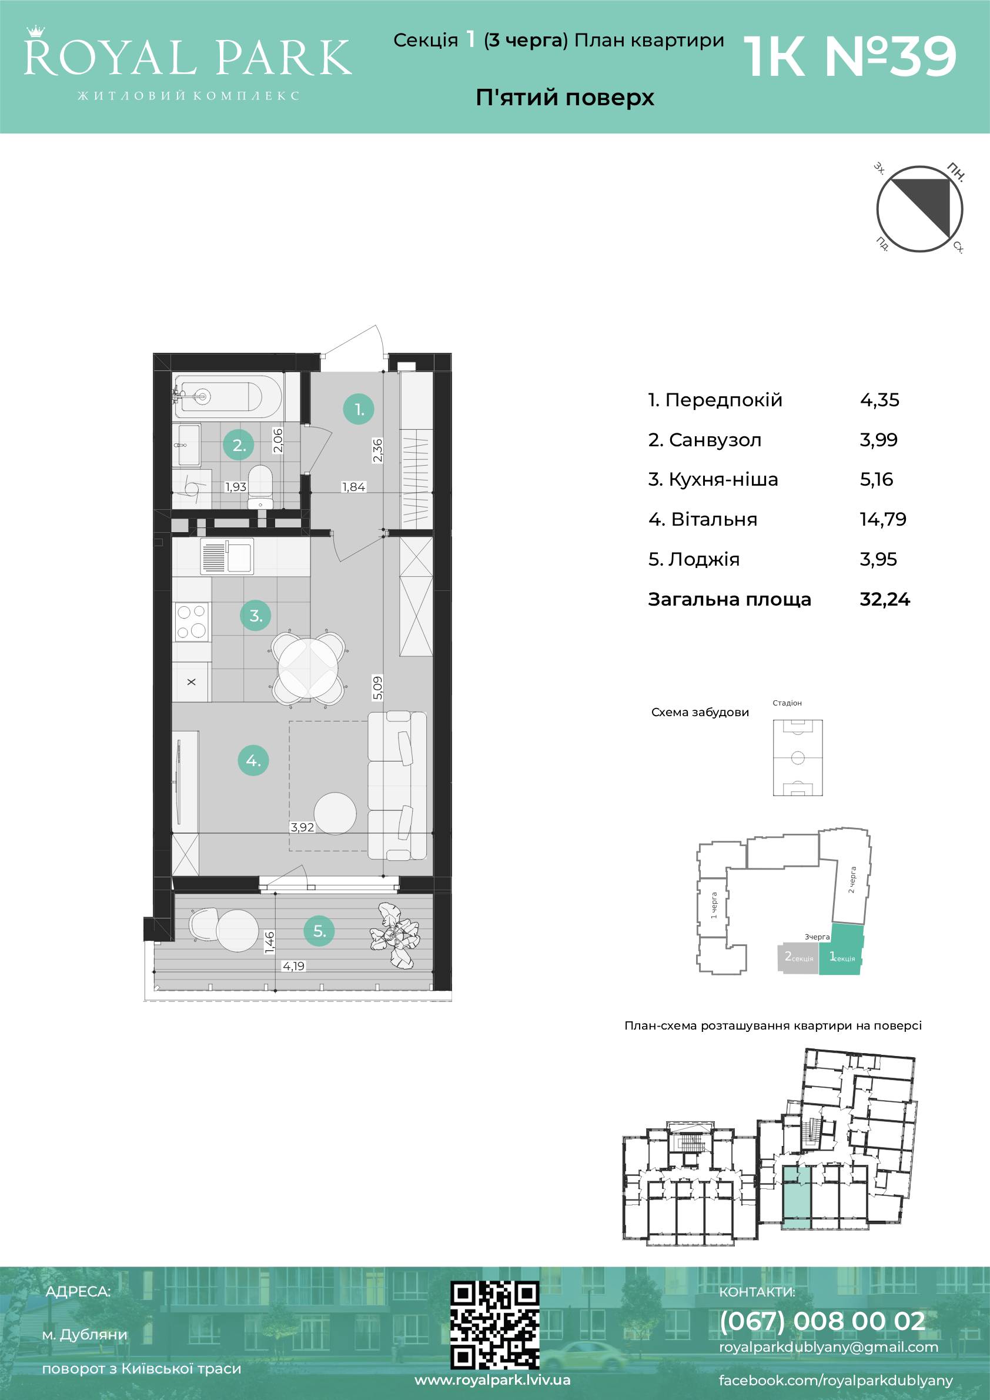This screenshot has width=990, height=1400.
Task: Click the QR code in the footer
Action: tap(494, 1323)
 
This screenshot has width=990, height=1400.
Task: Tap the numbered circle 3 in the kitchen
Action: tap(255, 615)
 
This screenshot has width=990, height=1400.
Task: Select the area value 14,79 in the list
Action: tap(882, 520)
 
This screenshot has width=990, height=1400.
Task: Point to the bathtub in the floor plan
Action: tap(228, 395)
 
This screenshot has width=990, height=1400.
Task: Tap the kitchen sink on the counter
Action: tap(227, 557)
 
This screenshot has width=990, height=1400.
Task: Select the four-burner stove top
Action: tap(192, 622)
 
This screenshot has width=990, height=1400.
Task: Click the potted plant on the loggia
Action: tap(396, 934)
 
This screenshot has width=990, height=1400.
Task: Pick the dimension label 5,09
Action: tap(378, 688)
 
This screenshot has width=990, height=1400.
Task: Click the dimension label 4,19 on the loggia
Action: tap(293, 966)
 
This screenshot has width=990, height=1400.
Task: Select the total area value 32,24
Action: tap(885, 599)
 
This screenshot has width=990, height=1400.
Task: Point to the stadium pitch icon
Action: tap(797, 758)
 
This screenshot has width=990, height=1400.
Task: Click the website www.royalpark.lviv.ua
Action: tap(493, 1380)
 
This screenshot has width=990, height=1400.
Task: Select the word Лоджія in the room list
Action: tap(704, 560)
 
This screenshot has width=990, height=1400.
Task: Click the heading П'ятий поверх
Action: tap(564, 98)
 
